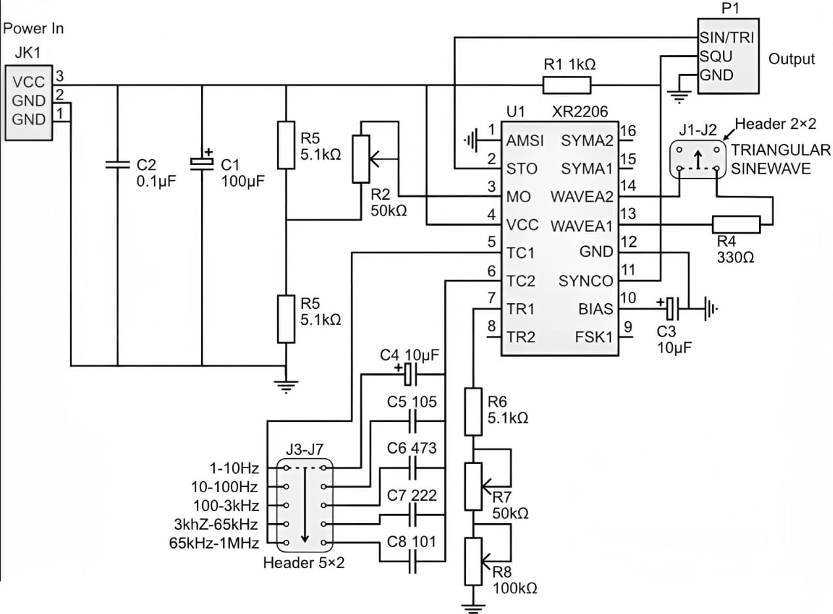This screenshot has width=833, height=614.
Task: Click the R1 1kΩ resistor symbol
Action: tap(567, 85)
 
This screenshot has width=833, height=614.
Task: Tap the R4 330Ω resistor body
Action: tap(736, 225)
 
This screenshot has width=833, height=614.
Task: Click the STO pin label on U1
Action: tap(522, 169)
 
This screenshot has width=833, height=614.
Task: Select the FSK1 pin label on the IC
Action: tap(594, 337)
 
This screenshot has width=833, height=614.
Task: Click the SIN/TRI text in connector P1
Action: tap(726, 37)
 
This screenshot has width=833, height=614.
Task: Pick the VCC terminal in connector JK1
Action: tap(29, 82)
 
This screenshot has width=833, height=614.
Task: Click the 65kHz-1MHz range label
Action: tap(214, 543)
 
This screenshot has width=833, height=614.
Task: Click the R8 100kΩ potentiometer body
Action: tap(473, 561)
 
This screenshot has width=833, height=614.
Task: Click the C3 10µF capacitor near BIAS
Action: tap(675, 305)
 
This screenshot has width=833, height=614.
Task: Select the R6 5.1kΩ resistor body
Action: tap(473, 411)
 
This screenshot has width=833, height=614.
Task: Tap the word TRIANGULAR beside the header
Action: tap(781, 150)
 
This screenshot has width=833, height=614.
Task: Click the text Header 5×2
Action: tap(303, 563)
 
